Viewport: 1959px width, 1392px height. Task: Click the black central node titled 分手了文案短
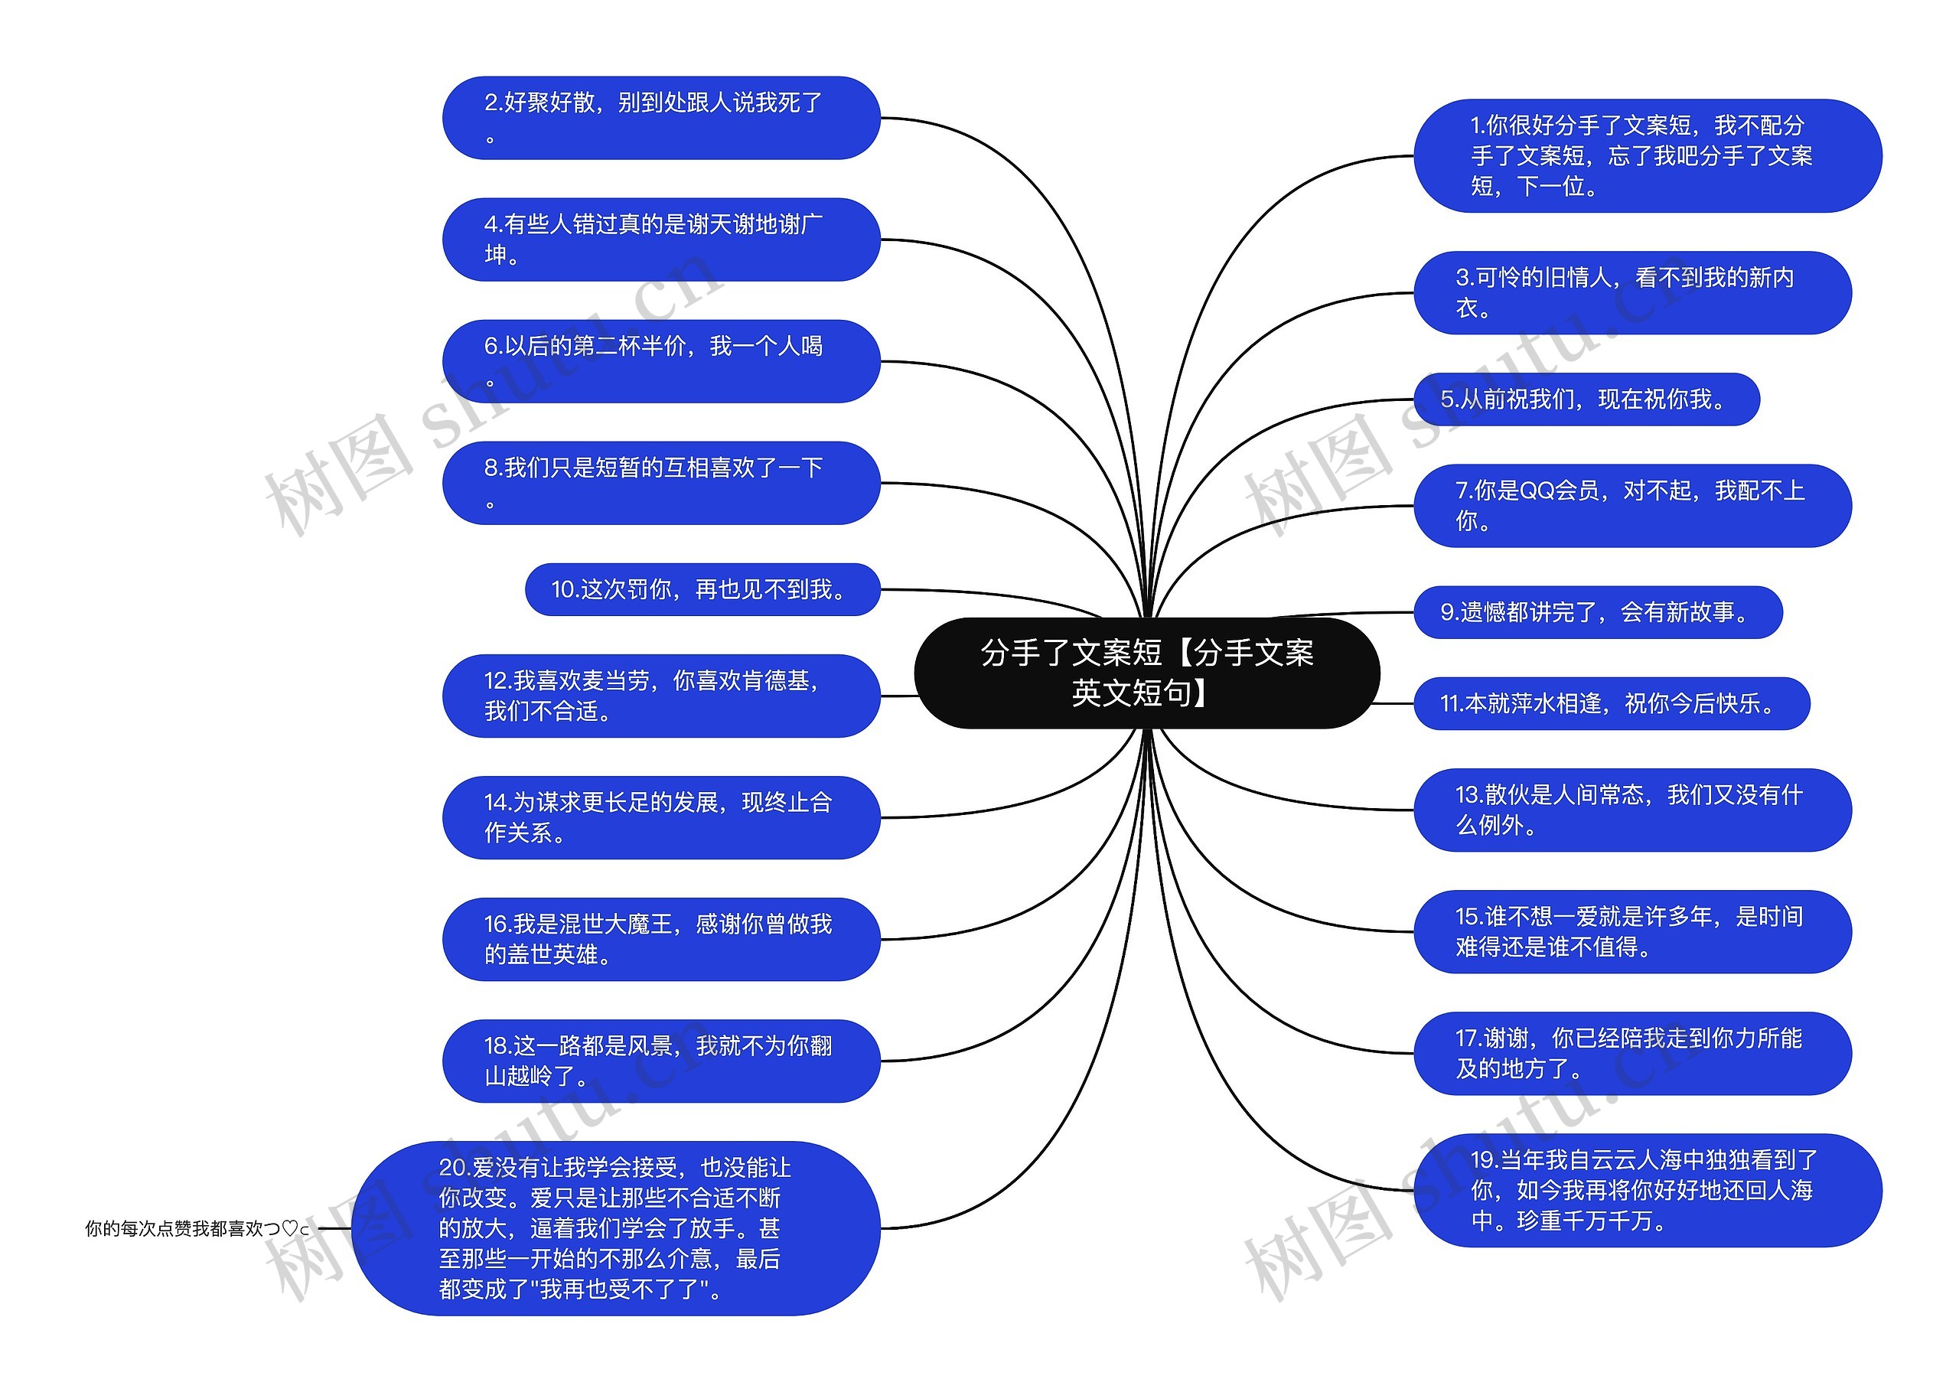pos(1146,673)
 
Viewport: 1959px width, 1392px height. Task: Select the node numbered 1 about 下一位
pos(1646,156)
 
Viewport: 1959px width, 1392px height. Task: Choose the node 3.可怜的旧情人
pos(1631,292)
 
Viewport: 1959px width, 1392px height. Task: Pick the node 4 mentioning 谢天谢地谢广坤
pos(660,240)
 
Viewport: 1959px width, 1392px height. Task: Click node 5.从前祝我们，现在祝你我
pos(1586,399)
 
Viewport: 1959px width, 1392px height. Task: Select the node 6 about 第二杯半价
pos(660,361)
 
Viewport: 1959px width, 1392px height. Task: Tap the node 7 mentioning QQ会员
pos(1631,506)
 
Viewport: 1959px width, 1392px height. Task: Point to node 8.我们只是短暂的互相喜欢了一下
pos(660,483)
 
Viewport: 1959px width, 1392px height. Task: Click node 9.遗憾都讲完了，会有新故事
pos(1597,612)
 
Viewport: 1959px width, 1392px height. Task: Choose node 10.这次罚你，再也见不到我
pos(702,590)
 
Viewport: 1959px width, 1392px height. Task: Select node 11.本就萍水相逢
pos(1611,704)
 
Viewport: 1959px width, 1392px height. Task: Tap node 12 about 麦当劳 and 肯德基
pos(660,696)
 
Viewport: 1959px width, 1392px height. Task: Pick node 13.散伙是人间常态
pos(1631,810)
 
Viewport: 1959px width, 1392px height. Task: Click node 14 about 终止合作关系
pos(660,818)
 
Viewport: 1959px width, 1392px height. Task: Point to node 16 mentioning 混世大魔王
pos(660,940)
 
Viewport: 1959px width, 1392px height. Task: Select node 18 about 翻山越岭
pos(660,1061)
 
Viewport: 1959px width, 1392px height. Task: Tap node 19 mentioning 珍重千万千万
pos(1646,1191)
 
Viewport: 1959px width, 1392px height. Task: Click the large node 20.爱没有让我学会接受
pos(615,1228)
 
